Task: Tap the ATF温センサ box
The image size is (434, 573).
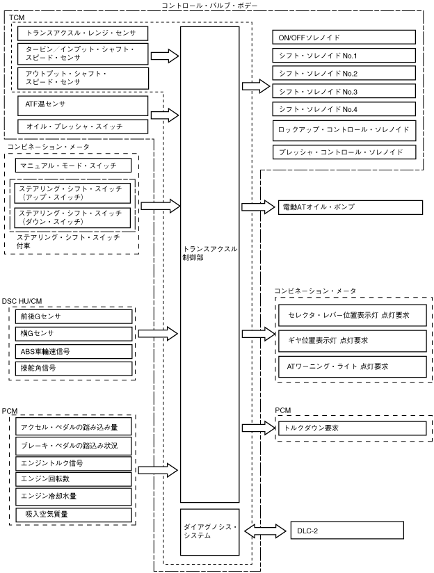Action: tap(82, 106)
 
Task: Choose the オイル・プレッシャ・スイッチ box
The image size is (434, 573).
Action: tap(82, 126)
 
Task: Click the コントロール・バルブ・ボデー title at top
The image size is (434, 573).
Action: tap(218, 6)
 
